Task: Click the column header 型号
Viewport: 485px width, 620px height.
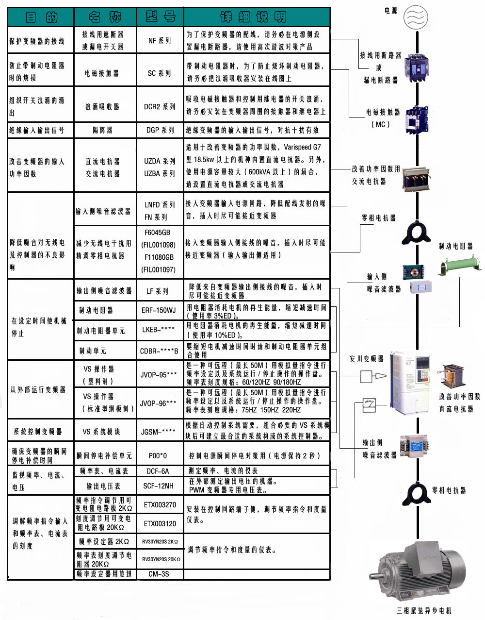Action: tap(160, 17)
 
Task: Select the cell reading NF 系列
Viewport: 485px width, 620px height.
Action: tap(160, 41)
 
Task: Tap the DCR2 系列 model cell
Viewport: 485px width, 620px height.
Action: tap(160, 106)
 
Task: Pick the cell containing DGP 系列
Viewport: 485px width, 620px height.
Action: tap(160, 130)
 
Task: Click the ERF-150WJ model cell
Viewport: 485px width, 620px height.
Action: tap(159, 310)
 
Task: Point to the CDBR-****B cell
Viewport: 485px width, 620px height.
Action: tap(159, 351)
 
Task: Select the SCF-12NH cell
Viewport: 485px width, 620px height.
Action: tap(159, 486)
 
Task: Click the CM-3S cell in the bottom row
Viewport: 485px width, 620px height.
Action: tap(159, 574)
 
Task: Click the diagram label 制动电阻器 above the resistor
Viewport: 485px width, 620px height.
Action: tap(455, 247)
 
